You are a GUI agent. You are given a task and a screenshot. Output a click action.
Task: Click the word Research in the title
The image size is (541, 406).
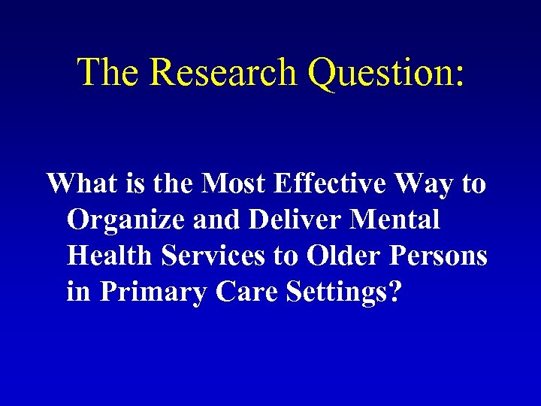223,72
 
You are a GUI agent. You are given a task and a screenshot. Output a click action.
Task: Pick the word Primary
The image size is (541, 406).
153,292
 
